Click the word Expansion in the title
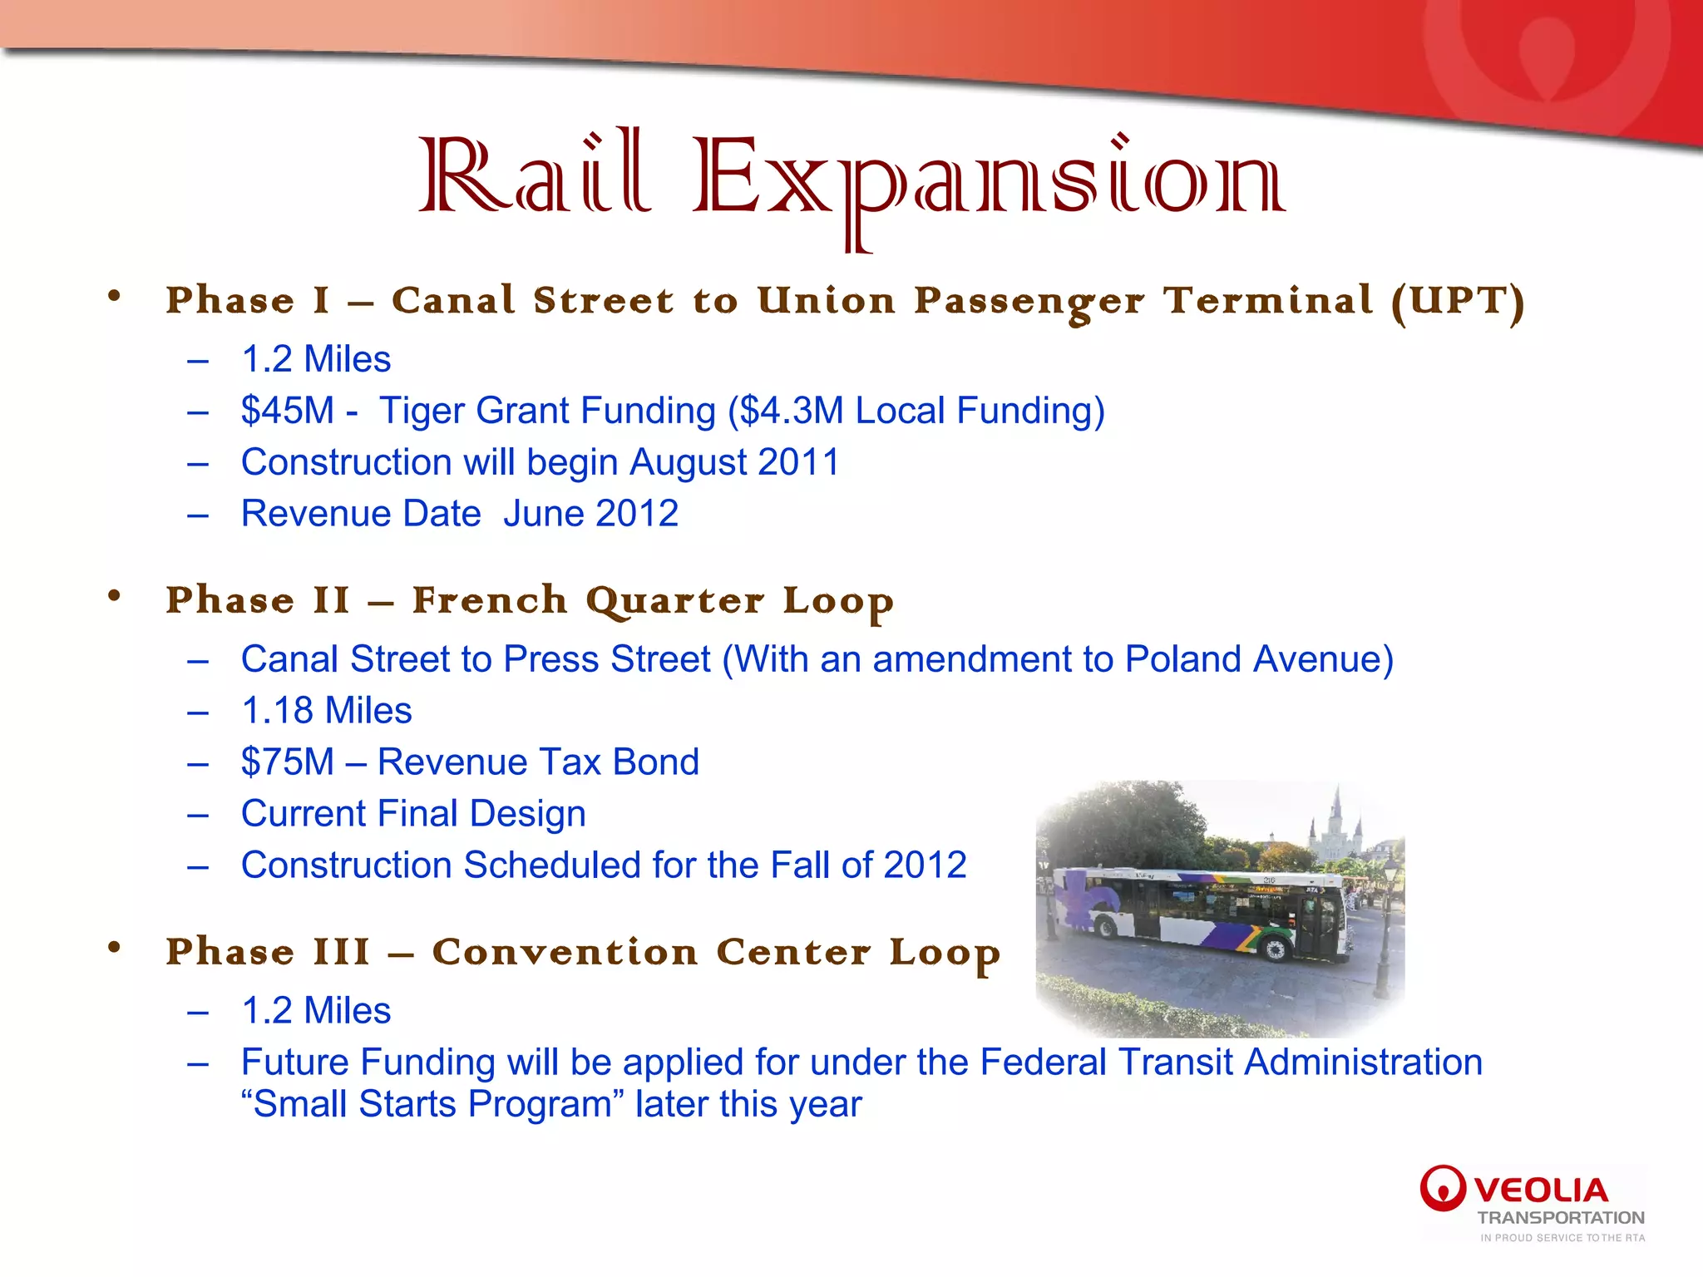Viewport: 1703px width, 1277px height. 988,179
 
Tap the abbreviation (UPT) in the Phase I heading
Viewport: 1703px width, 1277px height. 1458,301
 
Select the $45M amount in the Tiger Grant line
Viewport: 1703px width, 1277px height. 287,411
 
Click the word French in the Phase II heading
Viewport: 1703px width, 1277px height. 490,600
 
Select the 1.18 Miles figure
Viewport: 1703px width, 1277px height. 326,711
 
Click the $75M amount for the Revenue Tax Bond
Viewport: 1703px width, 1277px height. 287,762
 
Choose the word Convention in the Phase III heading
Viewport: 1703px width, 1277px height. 565,952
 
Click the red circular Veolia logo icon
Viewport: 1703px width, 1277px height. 1442,1187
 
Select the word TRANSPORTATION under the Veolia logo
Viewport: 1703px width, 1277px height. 1561,1218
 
